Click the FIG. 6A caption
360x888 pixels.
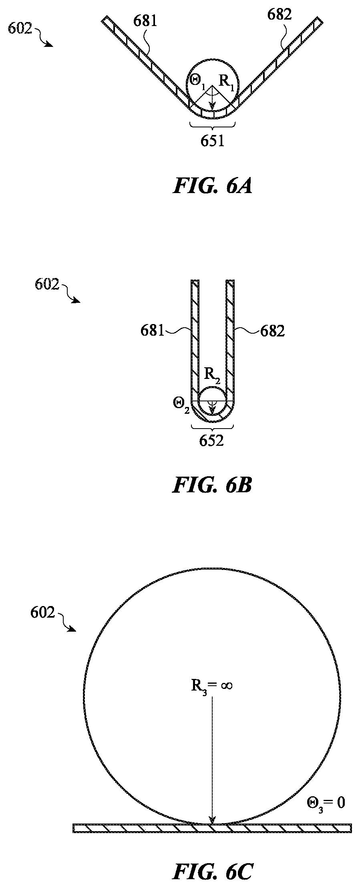click(x=212, y=186)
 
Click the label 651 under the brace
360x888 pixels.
click(x=213, y=141)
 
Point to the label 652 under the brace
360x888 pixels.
click(x=211, y=440)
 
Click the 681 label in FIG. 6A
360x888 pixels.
click(x=145, y=21)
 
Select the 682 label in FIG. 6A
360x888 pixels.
click(x=279, y=15)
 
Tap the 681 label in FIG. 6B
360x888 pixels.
click(x=153, y=331)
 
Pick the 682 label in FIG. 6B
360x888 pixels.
click(x=273, y=331)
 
